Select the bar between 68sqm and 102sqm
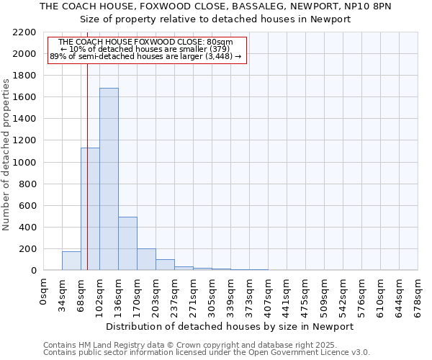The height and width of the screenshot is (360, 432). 90,209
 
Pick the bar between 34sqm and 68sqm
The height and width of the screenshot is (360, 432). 71,261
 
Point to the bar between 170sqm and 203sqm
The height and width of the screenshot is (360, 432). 146,259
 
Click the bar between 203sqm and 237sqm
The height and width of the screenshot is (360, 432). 165,264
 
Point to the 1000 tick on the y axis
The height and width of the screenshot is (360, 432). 26,163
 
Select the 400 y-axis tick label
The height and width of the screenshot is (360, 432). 29,228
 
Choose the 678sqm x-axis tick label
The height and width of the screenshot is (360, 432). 418,294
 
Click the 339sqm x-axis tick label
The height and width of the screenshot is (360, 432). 231,294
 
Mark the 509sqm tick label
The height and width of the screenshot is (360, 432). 325,294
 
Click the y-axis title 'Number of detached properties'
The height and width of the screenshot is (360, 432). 7,155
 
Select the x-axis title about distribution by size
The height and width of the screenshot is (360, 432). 230,326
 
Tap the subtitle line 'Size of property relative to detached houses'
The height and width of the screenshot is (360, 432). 215,19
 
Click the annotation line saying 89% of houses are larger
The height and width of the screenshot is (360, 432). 145,56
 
